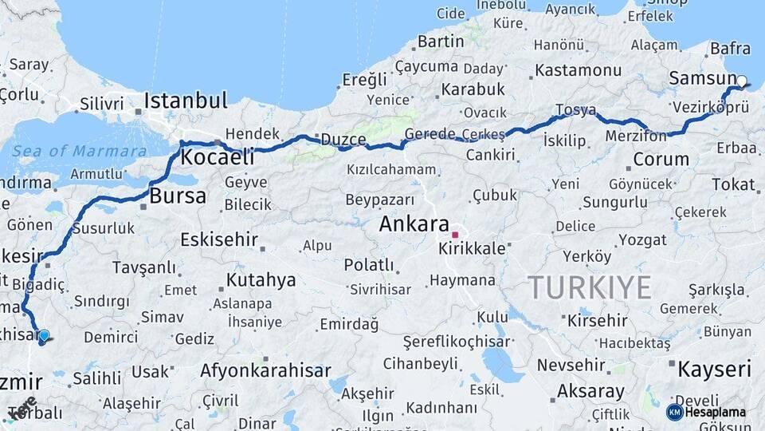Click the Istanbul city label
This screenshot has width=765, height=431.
point(185,101)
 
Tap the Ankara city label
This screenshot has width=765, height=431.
point(414,224)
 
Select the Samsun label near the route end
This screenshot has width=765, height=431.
point(702,78)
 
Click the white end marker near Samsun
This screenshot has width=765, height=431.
point(742,81)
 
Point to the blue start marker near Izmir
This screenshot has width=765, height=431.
point(44,336)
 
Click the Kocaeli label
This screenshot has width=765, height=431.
point(217,157)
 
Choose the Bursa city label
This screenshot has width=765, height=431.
point(178,196)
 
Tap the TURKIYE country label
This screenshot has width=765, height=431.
point(590,287)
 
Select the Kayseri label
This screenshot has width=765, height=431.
point(714,369)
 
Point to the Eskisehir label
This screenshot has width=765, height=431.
point(219,239)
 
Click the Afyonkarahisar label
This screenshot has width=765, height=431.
point(265,370)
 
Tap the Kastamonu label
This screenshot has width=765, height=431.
point(578,69)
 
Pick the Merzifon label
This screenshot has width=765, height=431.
point(635,136)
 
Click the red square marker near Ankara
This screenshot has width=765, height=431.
point(455,235)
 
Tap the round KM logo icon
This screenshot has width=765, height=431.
point(674,412)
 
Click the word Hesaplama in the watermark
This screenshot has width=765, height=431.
point(715,413)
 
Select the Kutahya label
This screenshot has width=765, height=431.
point(261,280)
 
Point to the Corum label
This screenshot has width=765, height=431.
point(661,159)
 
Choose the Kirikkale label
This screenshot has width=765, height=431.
point(472,248)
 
